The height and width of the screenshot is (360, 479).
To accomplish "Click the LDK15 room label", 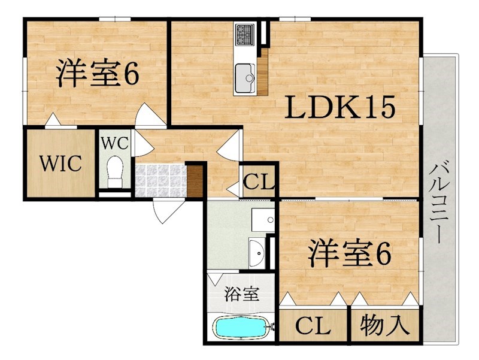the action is (x=340, y=107).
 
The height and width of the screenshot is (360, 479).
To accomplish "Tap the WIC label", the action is (x=61, y=164).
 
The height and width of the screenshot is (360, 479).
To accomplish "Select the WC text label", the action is (x=114, y=143).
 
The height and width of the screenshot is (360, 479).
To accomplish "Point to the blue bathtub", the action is (x=241, y=328).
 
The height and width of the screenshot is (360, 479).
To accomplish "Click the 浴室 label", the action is (x=242, y=294).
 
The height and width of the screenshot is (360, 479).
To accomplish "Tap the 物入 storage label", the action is (x=384, y=325).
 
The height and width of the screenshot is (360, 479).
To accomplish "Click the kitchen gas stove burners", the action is (x=245, y=34).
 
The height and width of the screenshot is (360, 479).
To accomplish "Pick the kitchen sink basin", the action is (x=245, y=78).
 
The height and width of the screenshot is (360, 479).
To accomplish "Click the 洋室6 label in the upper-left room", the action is (x=98, y=73).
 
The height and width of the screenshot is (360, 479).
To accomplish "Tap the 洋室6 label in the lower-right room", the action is (x=350, y=253).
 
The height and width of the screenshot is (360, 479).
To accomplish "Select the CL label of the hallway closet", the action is (x=259, y=183).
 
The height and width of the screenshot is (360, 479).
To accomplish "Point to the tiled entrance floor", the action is (x=160, y=181).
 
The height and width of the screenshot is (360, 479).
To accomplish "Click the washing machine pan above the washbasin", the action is (x=263, y=220).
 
